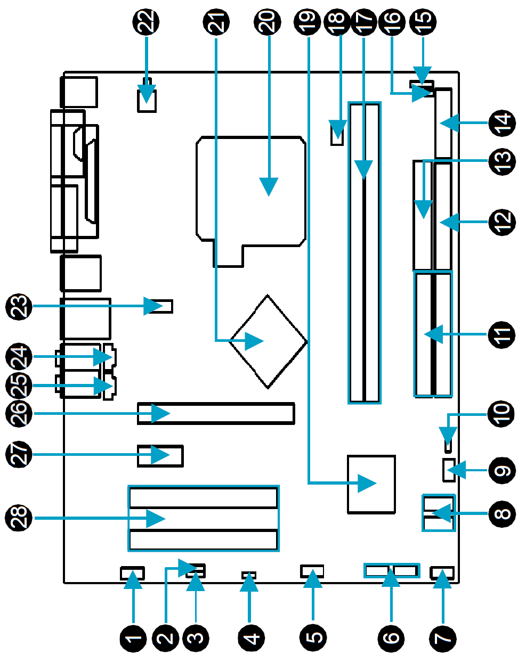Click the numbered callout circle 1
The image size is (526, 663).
tap(133, 637)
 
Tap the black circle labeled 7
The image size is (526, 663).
tap(443, 637)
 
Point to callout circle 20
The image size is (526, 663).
tap(268, 21)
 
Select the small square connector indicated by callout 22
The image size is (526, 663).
tap(147, 100)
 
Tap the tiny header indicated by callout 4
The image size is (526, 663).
tap(249, 575)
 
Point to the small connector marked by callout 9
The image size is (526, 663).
tap(448, 469)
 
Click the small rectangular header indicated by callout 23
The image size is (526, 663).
tap(159, 306)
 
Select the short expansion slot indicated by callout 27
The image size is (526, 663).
tap(160, 456)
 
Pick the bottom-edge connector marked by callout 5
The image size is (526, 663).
tap(312, 572)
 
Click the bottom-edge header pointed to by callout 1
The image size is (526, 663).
tap(133, 574)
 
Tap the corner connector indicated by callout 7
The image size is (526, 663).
tap(442, 574)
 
